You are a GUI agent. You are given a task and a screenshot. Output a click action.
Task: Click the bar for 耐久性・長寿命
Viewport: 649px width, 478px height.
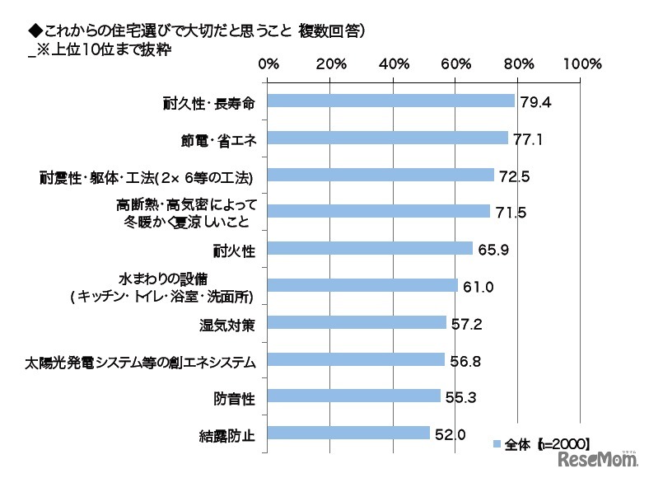pyautogui.click(x=391, y=101)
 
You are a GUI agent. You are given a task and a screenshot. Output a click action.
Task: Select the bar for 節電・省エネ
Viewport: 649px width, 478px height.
pyautogui.click(x=388, y=138)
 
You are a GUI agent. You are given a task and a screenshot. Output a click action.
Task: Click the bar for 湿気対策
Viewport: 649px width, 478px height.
pyautogui.click(x=357, y=323)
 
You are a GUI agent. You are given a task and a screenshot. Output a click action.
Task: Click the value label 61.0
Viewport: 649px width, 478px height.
pyautogui.click(x=477, y=286)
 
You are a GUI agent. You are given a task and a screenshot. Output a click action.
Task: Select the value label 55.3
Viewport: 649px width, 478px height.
pyautogui.click(x=460, y=397)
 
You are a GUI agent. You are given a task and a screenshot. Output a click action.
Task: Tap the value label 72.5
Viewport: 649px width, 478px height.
pyautogui.click(x=513, y=176)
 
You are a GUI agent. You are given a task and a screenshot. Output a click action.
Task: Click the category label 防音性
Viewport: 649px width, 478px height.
pyautogui.click(x=234, y=397)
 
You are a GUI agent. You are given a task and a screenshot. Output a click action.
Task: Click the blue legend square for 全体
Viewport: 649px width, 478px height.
pyautogui.click(x=497, y=444)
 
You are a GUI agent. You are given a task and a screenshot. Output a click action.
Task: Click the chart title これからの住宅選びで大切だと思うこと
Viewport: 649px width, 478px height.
pyautogui.click(x=156, y=30)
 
